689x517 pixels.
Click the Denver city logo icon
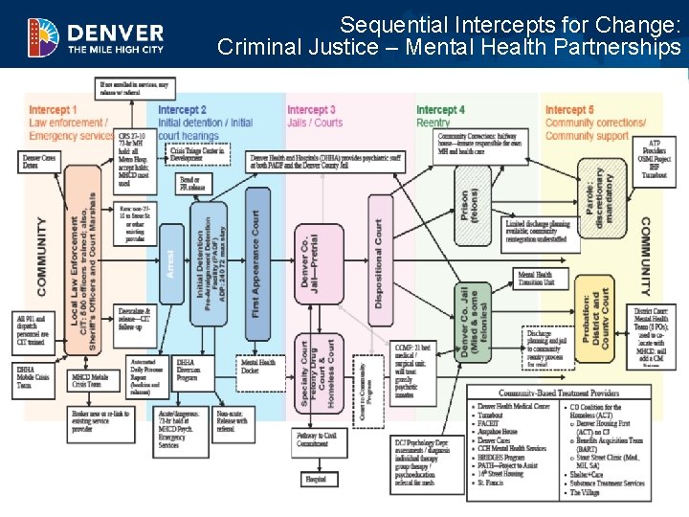42,35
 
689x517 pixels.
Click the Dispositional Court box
379,262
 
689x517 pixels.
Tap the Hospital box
317,480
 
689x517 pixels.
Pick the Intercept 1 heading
53,110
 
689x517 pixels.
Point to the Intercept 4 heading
440,110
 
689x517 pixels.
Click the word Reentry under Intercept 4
433,123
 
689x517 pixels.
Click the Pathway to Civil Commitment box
316,439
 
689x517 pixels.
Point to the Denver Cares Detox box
39,161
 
